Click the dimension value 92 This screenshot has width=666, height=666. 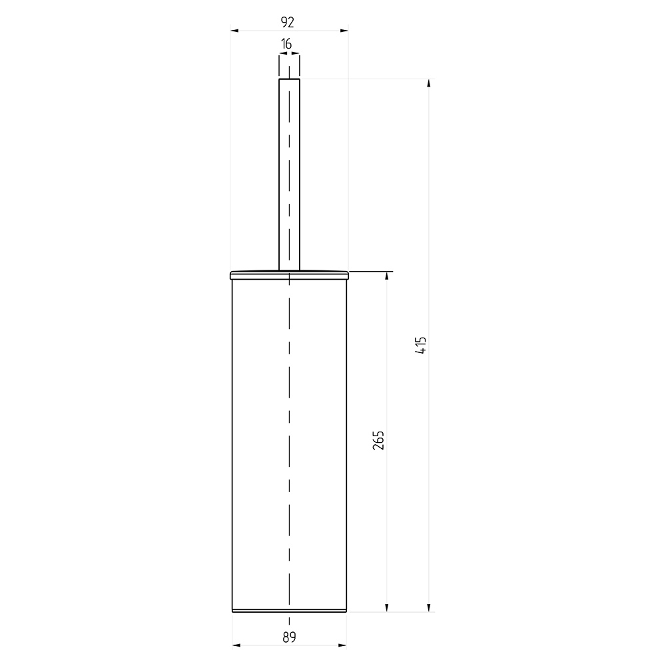288,22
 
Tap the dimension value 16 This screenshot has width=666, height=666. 286,44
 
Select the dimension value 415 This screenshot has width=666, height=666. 421,345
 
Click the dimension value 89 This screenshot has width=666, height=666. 289,637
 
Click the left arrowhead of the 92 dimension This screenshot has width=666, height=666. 234,31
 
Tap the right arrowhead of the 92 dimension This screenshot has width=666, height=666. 344,31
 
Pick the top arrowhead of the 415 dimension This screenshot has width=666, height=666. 429,83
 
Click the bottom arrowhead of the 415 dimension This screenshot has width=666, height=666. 429,608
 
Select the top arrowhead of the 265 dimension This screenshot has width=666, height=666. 386,276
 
